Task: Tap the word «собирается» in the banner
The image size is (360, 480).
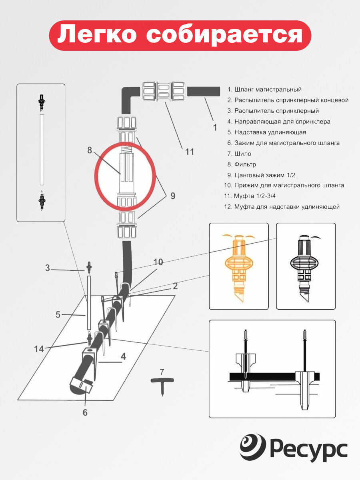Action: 224,36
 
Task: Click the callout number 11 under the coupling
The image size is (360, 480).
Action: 190,152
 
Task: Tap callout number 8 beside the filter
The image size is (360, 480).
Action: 90,150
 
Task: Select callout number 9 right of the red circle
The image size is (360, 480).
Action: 173,196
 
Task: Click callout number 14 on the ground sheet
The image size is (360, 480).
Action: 39,349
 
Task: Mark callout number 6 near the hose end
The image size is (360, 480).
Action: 85,412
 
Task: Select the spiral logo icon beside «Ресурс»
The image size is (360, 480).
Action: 253,446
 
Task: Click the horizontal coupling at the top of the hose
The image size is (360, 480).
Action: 163,92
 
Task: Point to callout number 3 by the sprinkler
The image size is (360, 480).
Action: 48,268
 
